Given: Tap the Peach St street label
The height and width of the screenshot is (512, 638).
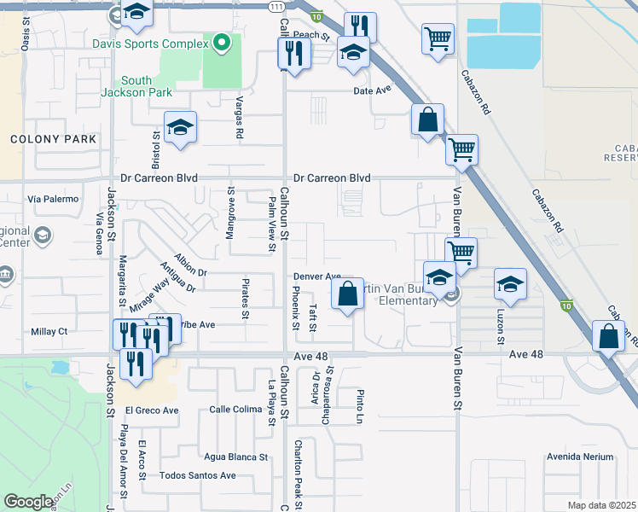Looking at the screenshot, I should pos(312,35).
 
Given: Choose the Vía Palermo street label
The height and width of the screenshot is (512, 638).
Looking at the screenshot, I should pos(53,199).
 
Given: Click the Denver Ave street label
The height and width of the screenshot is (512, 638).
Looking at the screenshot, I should pos(317,276).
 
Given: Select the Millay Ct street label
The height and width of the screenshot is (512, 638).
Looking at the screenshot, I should pos(49,331).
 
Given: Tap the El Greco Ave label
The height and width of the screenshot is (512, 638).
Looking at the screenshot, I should pos(152,410).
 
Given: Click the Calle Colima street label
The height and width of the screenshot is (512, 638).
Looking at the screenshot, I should pos(235,410).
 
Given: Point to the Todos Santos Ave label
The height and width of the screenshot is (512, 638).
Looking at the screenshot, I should pos(198,475).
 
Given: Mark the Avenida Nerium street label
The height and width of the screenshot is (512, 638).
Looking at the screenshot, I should pos(580,457).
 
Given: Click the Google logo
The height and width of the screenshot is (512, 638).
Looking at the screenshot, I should pos(29,502).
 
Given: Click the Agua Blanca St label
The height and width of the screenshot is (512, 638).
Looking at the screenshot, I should pos(235,457).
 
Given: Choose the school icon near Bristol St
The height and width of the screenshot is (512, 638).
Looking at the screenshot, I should pos(181,129).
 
